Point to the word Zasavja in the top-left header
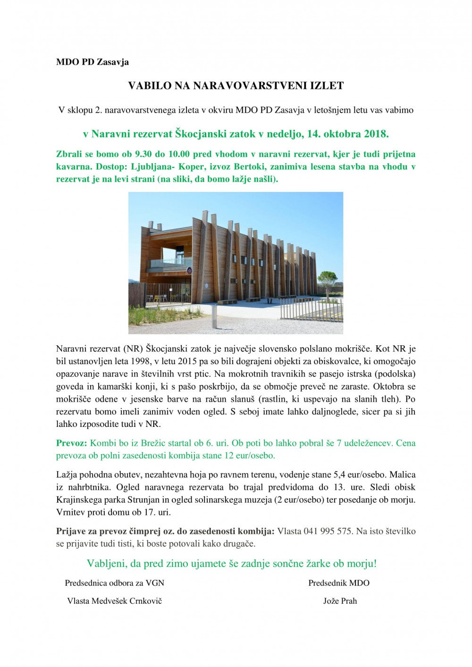pos(113,62)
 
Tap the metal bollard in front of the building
pos(216,317)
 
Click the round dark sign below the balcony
pos(189,271)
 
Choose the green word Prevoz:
pos(72,443)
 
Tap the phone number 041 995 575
pos(328,531)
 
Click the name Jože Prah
pos(340,601)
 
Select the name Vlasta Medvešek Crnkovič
pos(115,601)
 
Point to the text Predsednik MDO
pos(339,583)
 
